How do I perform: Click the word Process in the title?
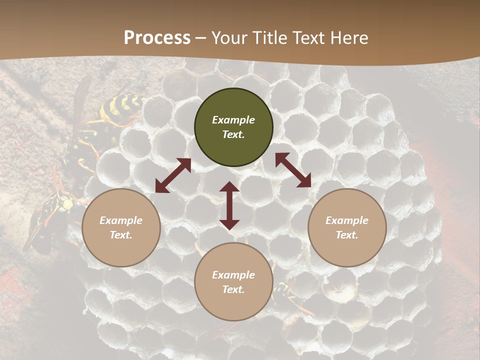click(x=157, y=38)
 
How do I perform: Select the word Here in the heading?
click(x=348, y=38)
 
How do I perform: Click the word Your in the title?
click(x=228, y=38)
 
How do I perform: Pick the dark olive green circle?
click(x=233, y=127)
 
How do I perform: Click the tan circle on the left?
click(x=121, y=227)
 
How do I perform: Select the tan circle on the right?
click(x=347, y=227)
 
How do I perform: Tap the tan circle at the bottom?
click(x=233, y=282)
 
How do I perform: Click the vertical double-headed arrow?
click(x=229, y=205)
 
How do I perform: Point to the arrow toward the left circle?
click(x=173, y=175)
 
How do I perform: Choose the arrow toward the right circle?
click(x=293, y=170)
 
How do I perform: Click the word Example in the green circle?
click(x=233, y=120)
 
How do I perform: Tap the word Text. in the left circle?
click(x=121, y=235)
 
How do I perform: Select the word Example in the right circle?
click(x=347, y=220)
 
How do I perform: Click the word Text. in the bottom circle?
click(x=233, y=289)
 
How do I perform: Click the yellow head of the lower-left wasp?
click(x=66, y=204)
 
